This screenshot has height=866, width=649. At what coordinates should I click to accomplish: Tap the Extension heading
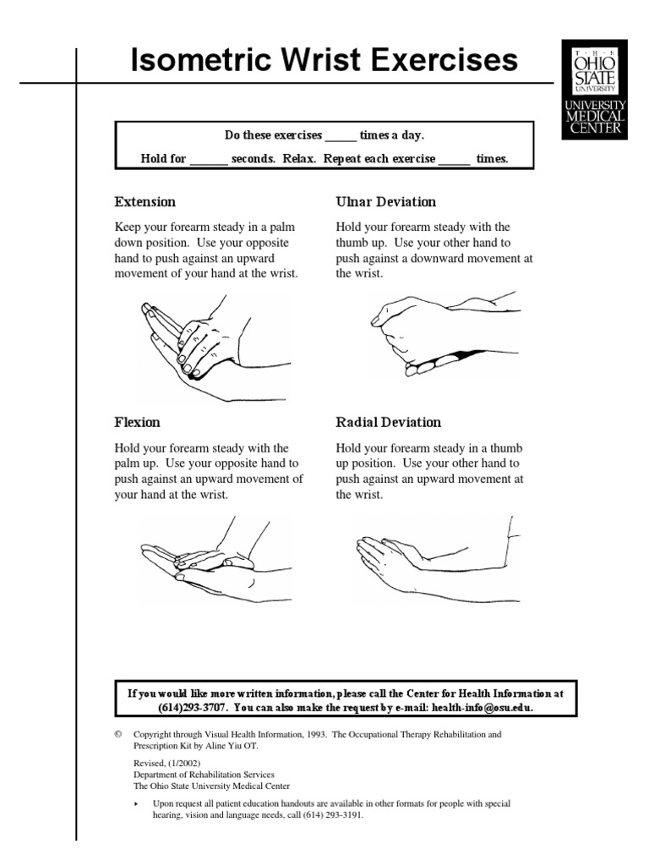click(145, 202)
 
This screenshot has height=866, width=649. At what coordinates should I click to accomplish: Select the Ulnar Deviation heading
click(386, 202)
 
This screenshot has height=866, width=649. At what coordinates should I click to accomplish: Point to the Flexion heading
click(137, 422)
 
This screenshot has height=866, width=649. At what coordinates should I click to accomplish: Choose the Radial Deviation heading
click(388, 422)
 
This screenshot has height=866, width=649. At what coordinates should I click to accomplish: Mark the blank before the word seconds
click(209, 159)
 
